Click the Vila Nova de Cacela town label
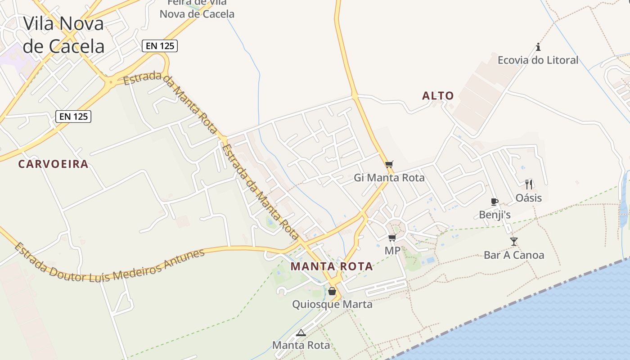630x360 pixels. click(63, 35)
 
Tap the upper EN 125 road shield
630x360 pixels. click(160, 45)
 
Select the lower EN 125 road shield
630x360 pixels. click(73, 117)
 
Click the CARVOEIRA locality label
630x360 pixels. click(53, 164)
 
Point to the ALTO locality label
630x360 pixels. click(438, 96)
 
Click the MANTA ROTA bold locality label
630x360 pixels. click(332, 266)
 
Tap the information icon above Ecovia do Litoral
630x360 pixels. click(538, 47)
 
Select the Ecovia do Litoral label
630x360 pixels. click(538, 60)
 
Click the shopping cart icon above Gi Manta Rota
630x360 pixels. click(389, 164)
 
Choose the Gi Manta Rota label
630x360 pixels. click(389, 178)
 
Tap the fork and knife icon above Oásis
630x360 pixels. click(529, 184)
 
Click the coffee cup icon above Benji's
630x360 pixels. click(495, 202)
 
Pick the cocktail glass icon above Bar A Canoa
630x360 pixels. click(514, 242)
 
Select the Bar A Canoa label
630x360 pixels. click(514, 255)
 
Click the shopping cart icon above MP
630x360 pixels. click(392, 238)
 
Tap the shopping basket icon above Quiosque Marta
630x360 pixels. click(332, 291)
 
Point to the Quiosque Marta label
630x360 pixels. click(332, 305)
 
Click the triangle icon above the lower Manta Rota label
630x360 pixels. click(301, 333)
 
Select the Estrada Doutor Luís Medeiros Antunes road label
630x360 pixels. click(110, 265)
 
